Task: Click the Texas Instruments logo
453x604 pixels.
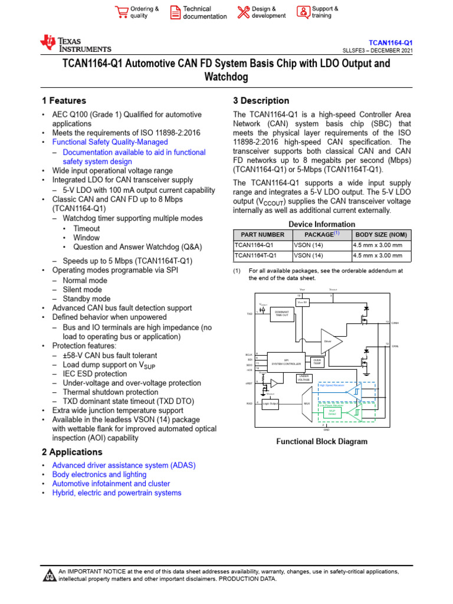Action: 75,44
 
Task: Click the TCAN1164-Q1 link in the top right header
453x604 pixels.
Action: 390,43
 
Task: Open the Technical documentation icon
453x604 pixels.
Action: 175,12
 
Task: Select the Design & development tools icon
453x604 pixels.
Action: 243,12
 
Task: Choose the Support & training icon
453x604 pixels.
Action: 303,12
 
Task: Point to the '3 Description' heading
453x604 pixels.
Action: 261,101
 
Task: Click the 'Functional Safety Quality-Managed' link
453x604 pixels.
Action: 110,142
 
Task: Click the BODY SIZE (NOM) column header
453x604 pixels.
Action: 380,235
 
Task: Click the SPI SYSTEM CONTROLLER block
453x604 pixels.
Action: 286,361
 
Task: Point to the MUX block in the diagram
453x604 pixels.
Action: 306,403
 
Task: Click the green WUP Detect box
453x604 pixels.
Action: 331,414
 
